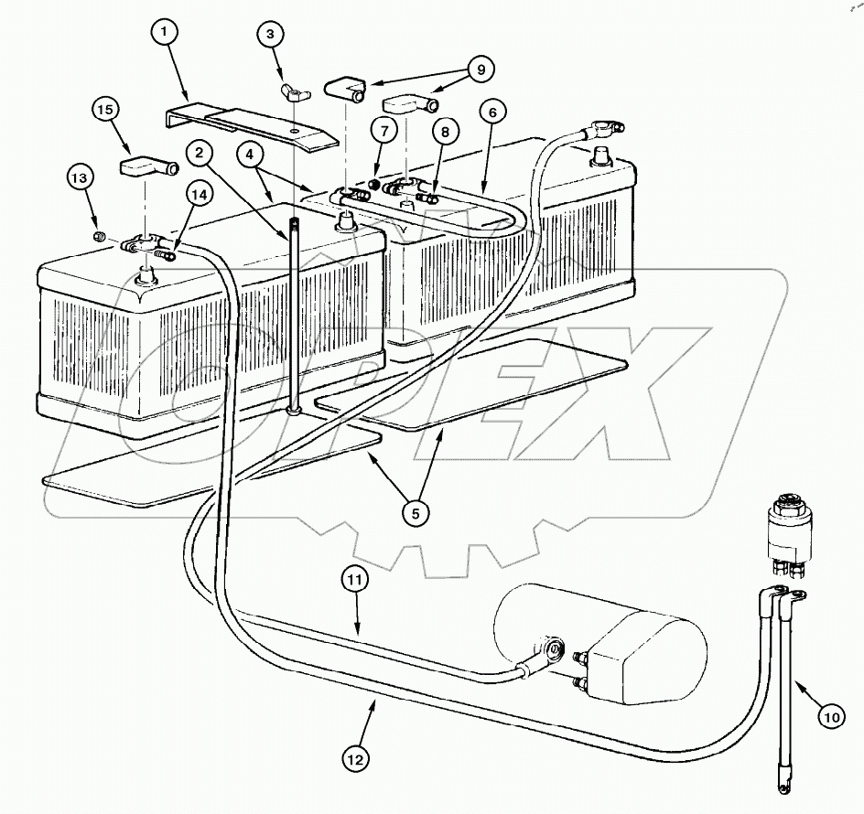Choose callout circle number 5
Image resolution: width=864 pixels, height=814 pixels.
pyautogui.click(x=416, y=513)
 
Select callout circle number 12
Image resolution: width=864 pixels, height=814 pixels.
pyautogui.click(x=358, y=757)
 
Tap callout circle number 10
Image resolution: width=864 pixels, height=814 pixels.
pyautogui.click(x=831, y=719)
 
